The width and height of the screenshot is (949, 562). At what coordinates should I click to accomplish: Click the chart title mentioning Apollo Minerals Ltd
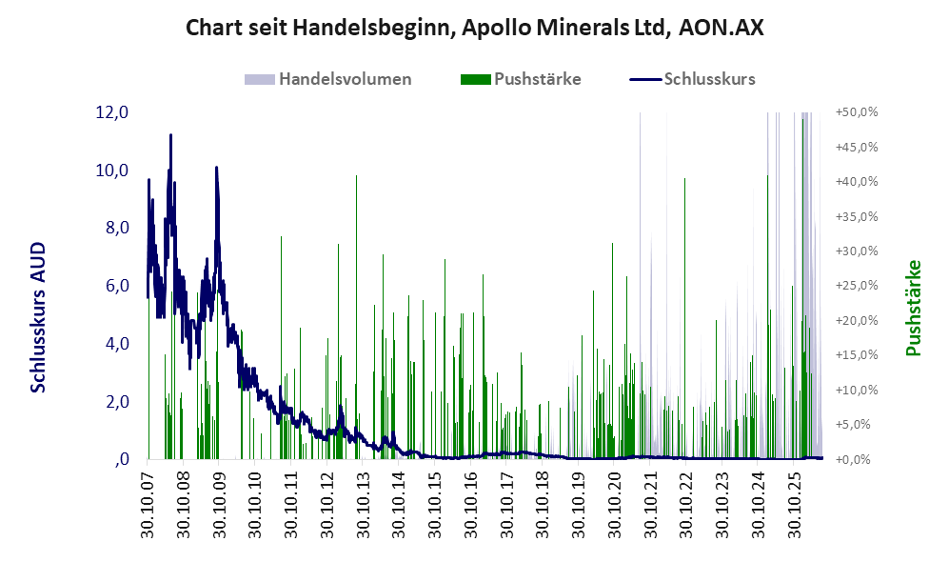474,28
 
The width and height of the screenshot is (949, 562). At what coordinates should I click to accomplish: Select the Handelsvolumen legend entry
328,79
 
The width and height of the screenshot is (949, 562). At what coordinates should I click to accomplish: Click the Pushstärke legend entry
521,79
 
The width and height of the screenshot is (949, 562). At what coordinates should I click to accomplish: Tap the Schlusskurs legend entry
692,79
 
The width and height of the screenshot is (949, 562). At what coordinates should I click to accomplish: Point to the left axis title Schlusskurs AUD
38,317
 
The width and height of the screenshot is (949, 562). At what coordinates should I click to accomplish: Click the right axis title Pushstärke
913,309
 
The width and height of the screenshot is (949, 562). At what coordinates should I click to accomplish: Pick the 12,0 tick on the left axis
112,112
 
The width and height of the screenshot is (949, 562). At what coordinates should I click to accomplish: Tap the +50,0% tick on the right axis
857,112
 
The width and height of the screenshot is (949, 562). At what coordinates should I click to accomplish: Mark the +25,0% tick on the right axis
857,285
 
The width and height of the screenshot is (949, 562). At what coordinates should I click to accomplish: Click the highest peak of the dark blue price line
170,135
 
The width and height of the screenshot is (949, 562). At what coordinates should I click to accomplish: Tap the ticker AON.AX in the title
722,28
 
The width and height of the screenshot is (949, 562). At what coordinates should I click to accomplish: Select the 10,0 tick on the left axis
112,171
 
